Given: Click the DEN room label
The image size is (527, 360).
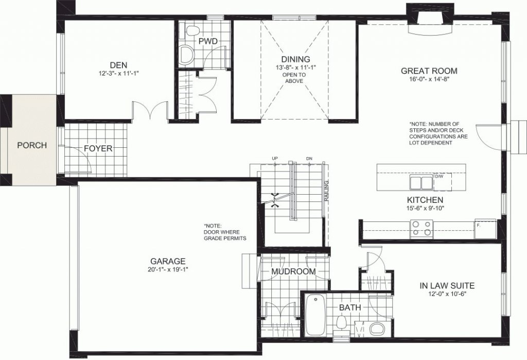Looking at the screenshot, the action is (119, 65).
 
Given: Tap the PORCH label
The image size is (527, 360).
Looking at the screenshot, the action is (32, 145).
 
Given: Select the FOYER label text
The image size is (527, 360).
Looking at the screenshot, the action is (98, 148).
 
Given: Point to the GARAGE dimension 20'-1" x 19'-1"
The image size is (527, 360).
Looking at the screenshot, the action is (167, 269).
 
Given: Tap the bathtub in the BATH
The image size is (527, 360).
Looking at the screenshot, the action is (315, 315).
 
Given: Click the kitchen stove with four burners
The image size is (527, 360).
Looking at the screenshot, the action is (421, 228).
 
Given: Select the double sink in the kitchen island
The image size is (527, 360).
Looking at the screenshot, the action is (421, 182).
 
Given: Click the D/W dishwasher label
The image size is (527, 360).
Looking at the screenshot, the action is (438, 176).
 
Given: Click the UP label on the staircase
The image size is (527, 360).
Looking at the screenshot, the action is (275, 158).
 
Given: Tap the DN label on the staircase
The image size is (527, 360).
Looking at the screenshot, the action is (309, 158).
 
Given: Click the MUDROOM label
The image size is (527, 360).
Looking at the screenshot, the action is (293, 271).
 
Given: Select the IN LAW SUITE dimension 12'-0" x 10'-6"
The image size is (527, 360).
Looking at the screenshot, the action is (447, 294).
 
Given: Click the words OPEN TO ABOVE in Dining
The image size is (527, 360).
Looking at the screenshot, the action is (294, 78).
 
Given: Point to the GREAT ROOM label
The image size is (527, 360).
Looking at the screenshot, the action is (429, 71).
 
